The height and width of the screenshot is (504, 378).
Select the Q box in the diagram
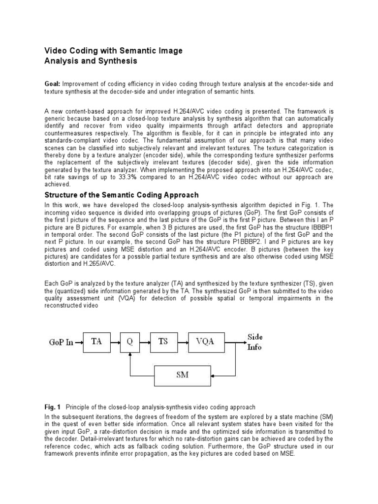[130, 342]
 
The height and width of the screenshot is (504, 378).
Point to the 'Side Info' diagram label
[255, 342]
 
